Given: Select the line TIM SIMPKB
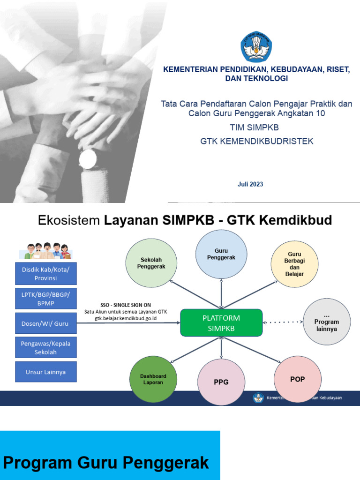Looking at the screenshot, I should click(256, 127).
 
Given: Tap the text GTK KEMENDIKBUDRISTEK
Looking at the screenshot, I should click(256, 141).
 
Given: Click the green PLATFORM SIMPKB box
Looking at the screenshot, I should click(221, 323).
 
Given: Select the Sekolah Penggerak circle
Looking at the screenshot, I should click(150, 263).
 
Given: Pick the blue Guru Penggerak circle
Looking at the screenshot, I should click(221, 255).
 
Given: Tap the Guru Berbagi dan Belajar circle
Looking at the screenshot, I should click(294, 264).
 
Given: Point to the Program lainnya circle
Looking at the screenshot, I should click(327, 322).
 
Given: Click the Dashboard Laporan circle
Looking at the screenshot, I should click(153, 380).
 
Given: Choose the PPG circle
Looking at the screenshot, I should click(221, 382).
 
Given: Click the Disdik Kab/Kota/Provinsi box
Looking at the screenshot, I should click(45, 274).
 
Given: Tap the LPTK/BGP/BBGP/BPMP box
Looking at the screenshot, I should click(45, 298).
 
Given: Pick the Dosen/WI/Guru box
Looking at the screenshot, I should click(45, 323).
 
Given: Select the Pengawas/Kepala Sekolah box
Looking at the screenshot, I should click(45, 348).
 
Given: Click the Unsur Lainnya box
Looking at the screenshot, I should click(45, 372).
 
